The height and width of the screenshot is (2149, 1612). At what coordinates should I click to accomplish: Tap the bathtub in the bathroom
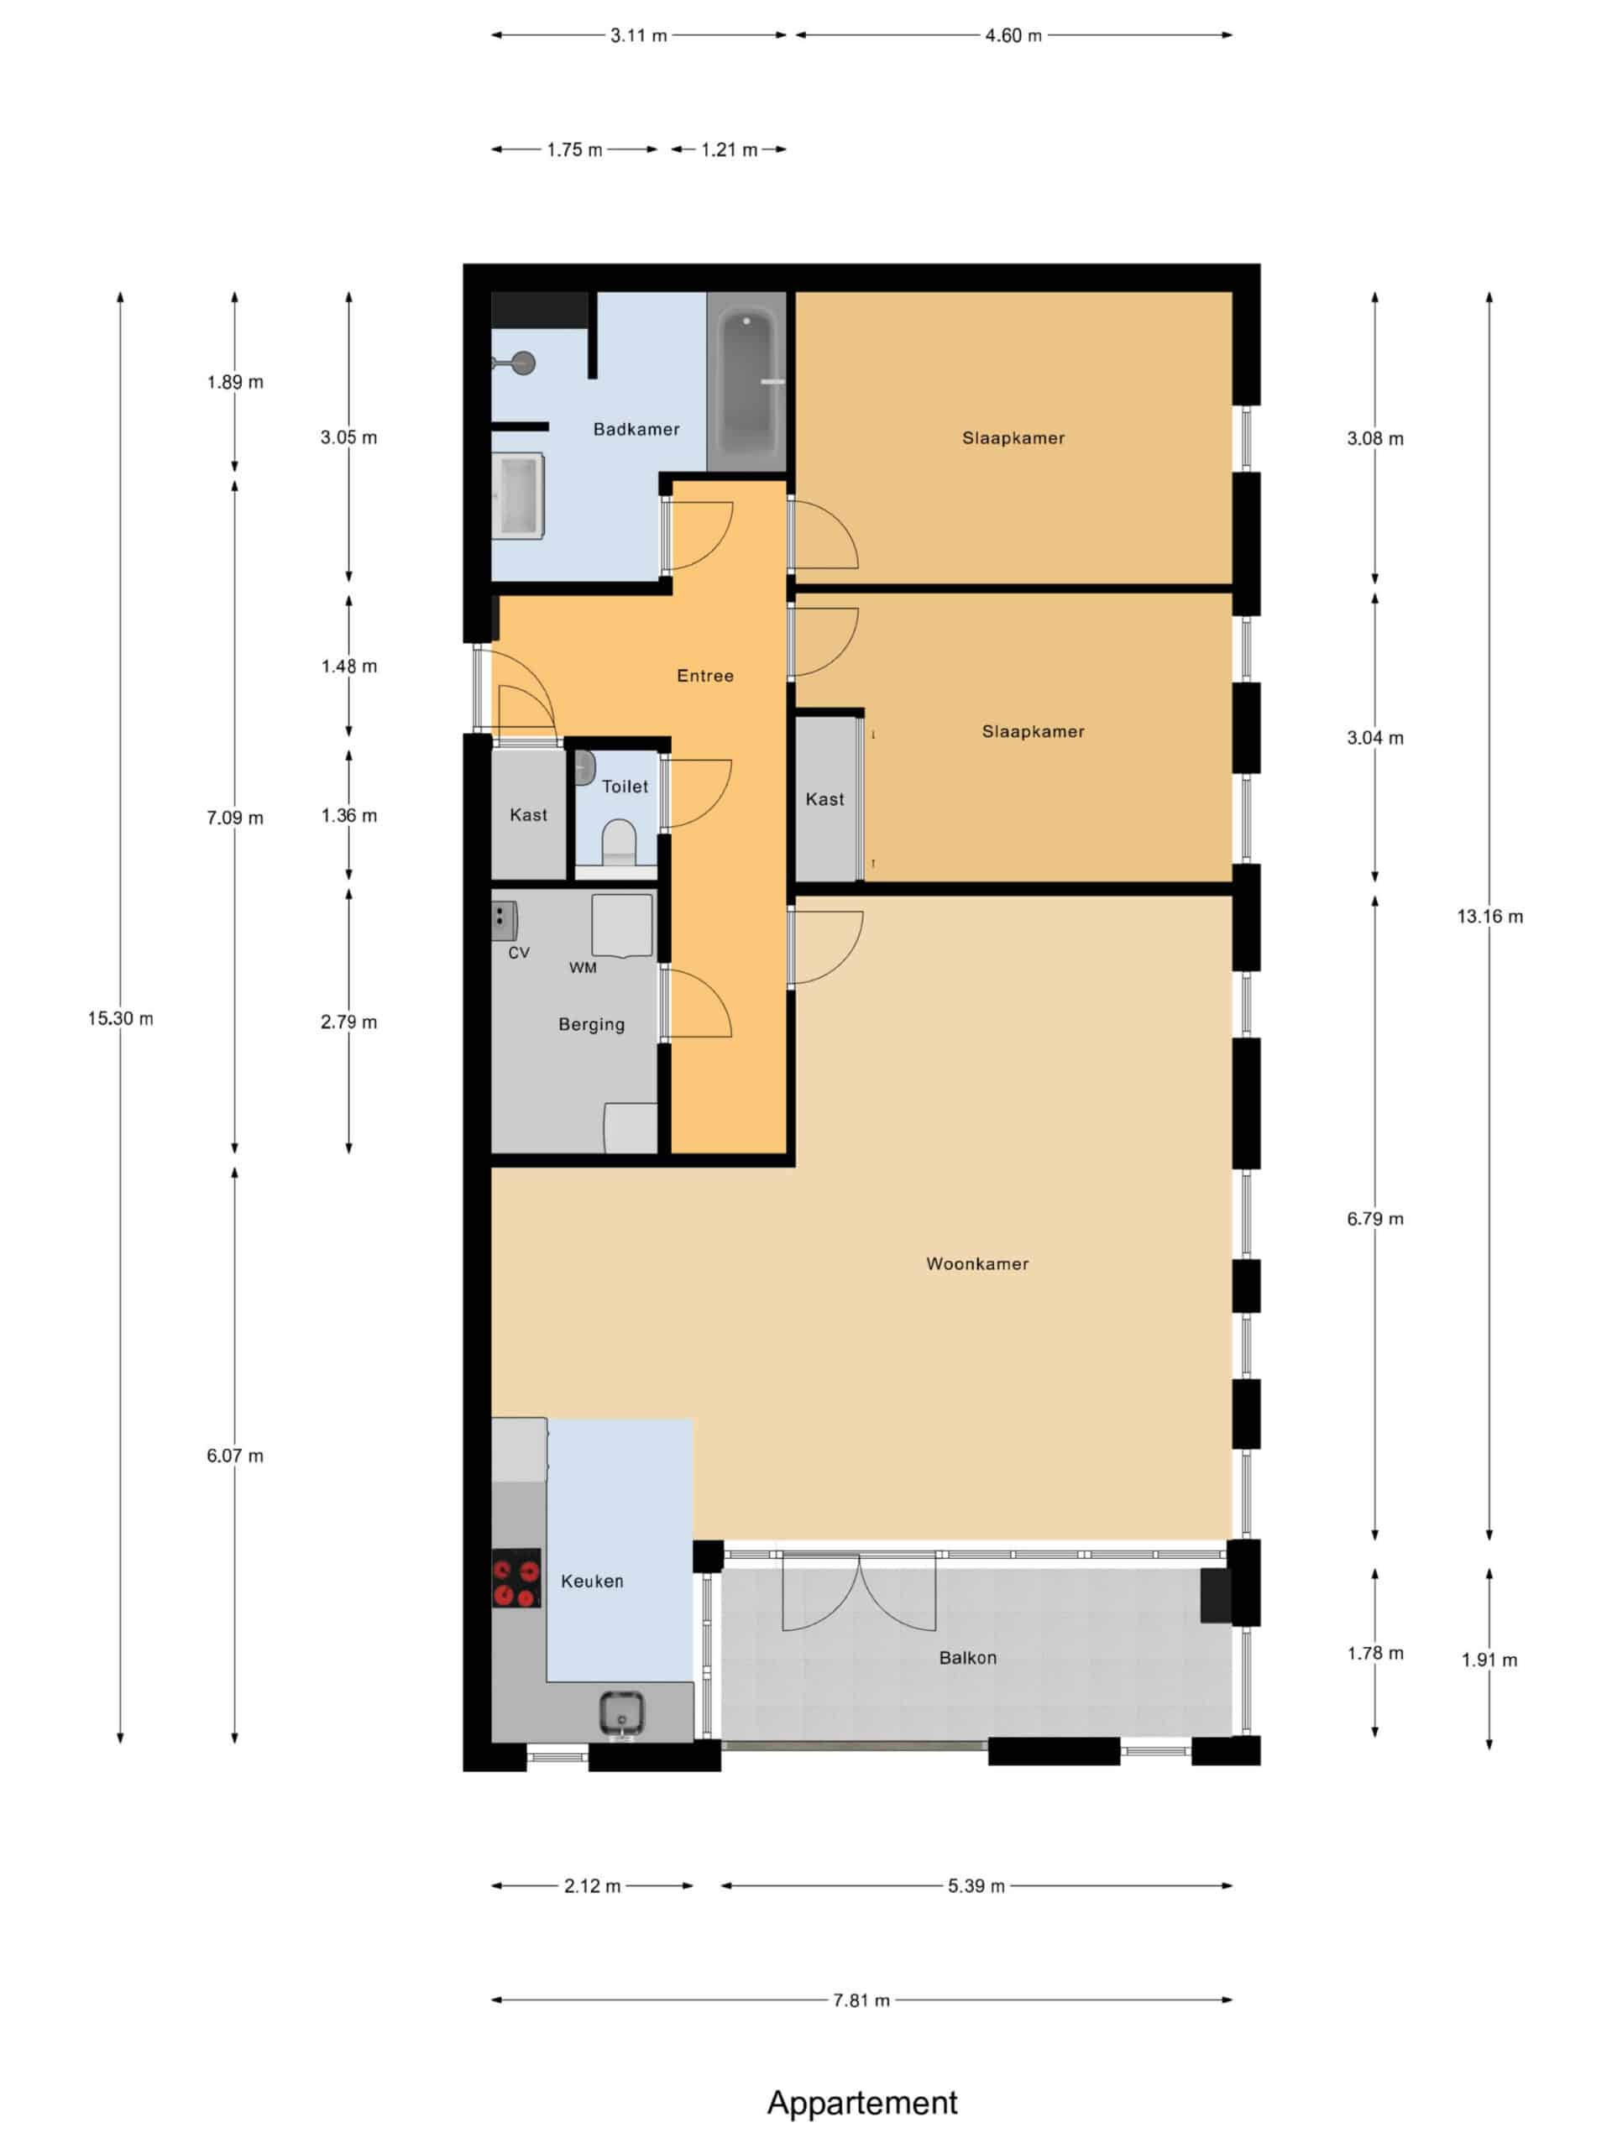[x=746, y=383]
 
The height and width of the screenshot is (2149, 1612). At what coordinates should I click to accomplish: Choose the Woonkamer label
[x=976, y=1264]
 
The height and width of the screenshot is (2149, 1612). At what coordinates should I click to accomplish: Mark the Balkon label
[x=967, y=1657]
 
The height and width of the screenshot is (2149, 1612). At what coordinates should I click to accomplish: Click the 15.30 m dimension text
[x=121, y=1018]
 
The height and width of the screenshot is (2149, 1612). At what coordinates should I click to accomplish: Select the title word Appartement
[x=862, y=2102]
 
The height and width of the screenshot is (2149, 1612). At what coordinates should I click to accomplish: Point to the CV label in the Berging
[x=519, y=953]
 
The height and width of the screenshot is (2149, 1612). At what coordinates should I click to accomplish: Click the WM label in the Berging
[x=583, y=968]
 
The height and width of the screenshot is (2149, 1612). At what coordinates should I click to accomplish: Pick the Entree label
[x=704, y=675]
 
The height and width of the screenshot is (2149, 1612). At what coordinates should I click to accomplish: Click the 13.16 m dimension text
[x=1489, y=916]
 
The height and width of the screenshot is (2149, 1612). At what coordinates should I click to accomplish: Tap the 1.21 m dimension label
[x=729, y=149]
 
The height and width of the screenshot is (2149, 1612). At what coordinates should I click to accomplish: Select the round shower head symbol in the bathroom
[x=523, y=363]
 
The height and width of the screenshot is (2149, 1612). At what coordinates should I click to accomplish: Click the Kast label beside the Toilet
[x=529, y=815]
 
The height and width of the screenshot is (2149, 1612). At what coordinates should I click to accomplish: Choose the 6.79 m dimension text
[x=1375, y=1218]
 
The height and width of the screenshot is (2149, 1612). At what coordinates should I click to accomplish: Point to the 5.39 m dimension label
[x=976, y=1885]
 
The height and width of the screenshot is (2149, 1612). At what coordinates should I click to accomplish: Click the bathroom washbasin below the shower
[x=518, y=494]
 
